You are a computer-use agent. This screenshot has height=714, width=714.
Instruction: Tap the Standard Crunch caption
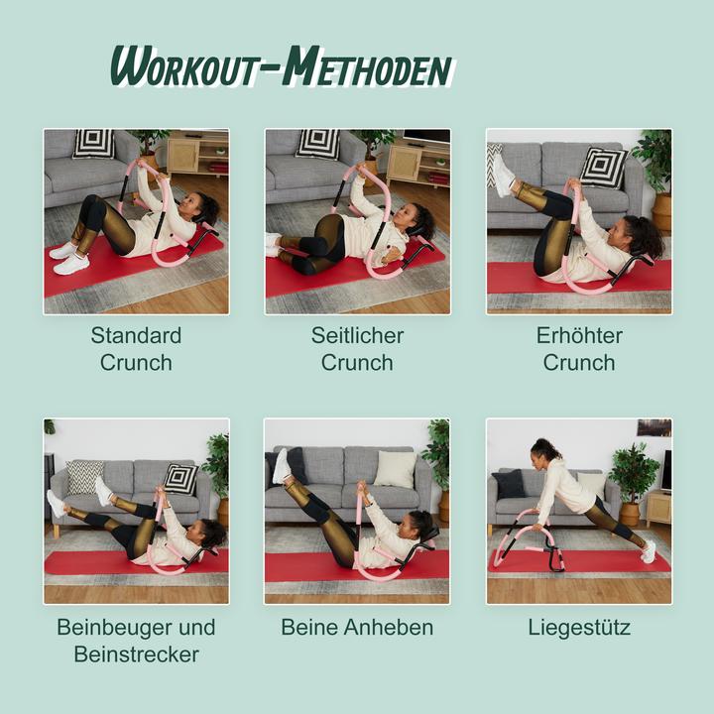[x=136, y=348]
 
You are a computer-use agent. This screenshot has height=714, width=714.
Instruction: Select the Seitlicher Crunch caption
[x=357, y=348]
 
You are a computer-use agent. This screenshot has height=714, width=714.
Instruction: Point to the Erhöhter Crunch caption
[x=579, y=348]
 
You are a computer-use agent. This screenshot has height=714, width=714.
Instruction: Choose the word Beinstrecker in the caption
[x=136, y=654]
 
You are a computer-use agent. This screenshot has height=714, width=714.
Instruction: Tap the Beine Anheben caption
[x=357, y=628]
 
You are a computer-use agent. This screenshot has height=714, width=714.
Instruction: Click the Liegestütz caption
[x=579, y=628]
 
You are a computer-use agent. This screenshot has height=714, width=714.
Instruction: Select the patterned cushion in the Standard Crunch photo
[x=94, y=144]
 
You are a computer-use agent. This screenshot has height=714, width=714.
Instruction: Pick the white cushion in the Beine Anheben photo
[x=395, y=469]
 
